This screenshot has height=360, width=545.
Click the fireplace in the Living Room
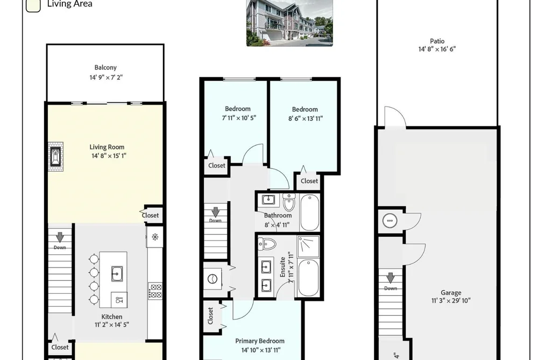55,157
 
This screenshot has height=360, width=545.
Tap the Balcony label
105,67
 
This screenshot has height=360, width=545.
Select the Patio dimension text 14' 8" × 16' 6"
437,49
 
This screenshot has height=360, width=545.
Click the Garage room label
451,293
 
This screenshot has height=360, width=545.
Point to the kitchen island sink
117,273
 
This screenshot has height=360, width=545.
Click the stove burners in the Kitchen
155,291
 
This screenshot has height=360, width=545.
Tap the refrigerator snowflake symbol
155,237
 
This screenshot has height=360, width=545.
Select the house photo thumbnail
289,23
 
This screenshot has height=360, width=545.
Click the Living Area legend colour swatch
33,5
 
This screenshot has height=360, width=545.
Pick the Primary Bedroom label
260,341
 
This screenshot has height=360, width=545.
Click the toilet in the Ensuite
267,244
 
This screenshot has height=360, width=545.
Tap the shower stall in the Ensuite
308,246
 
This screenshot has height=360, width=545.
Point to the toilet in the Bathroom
289,202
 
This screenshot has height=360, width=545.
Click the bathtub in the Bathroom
309,213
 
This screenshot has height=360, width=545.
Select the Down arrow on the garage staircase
391,278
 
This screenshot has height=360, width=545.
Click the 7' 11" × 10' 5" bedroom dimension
239,118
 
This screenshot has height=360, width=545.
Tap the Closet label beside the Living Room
150,215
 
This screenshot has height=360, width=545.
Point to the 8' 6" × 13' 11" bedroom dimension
305,118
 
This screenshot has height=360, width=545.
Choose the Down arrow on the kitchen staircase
60,237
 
